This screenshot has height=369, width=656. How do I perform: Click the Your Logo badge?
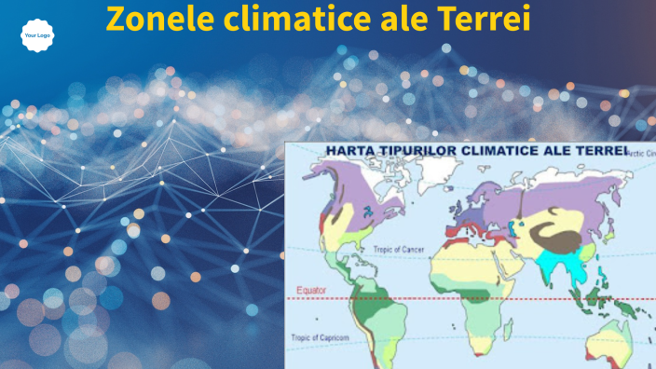point(36,35)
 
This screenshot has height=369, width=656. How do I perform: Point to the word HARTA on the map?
point(348,151)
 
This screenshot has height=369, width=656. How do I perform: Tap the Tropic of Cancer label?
point(400,250)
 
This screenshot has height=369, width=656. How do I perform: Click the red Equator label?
point(311,291)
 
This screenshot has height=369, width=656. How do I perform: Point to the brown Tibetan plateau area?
point(559,238)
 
